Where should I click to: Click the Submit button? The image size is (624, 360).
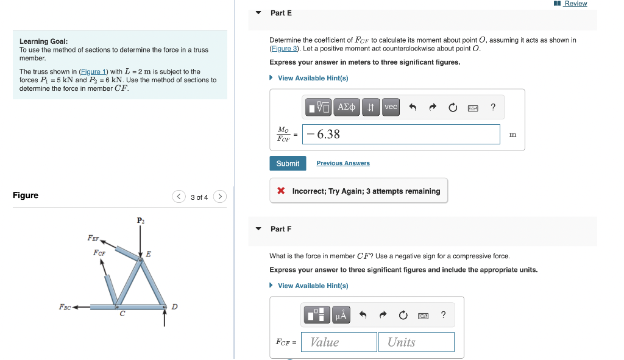[x=288, y=163]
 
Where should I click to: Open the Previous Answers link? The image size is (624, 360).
[x=343, y=163]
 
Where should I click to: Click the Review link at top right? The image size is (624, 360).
[x=575, y=4]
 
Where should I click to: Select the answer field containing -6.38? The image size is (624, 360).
[x=402, y=135]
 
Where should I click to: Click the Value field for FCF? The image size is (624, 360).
[x=341, y=342]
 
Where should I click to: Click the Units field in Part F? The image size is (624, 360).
[x=416, y=342]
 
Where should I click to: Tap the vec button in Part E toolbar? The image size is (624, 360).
[x=391, y=107]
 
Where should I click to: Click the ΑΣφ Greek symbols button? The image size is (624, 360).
[x=347, y=107]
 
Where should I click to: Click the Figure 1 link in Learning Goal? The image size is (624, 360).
[x=95, y=72]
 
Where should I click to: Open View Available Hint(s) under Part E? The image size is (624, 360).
[x=313, y=78]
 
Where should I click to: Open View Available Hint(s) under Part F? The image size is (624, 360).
[x=313, y=286]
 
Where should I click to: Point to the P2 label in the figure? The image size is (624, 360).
[x=141, y=220]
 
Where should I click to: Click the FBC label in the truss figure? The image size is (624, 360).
[x=65, y=307]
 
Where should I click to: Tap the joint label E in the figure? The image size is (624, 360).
[x=148, y=253]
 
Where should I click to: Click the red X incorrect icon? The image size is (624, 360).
[x=281, y=191]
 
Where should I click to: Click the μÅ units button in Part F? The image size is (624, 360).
[x=341, y=315]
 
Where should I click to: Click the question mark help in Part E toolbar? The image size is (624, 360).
[x=493, y=107]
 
